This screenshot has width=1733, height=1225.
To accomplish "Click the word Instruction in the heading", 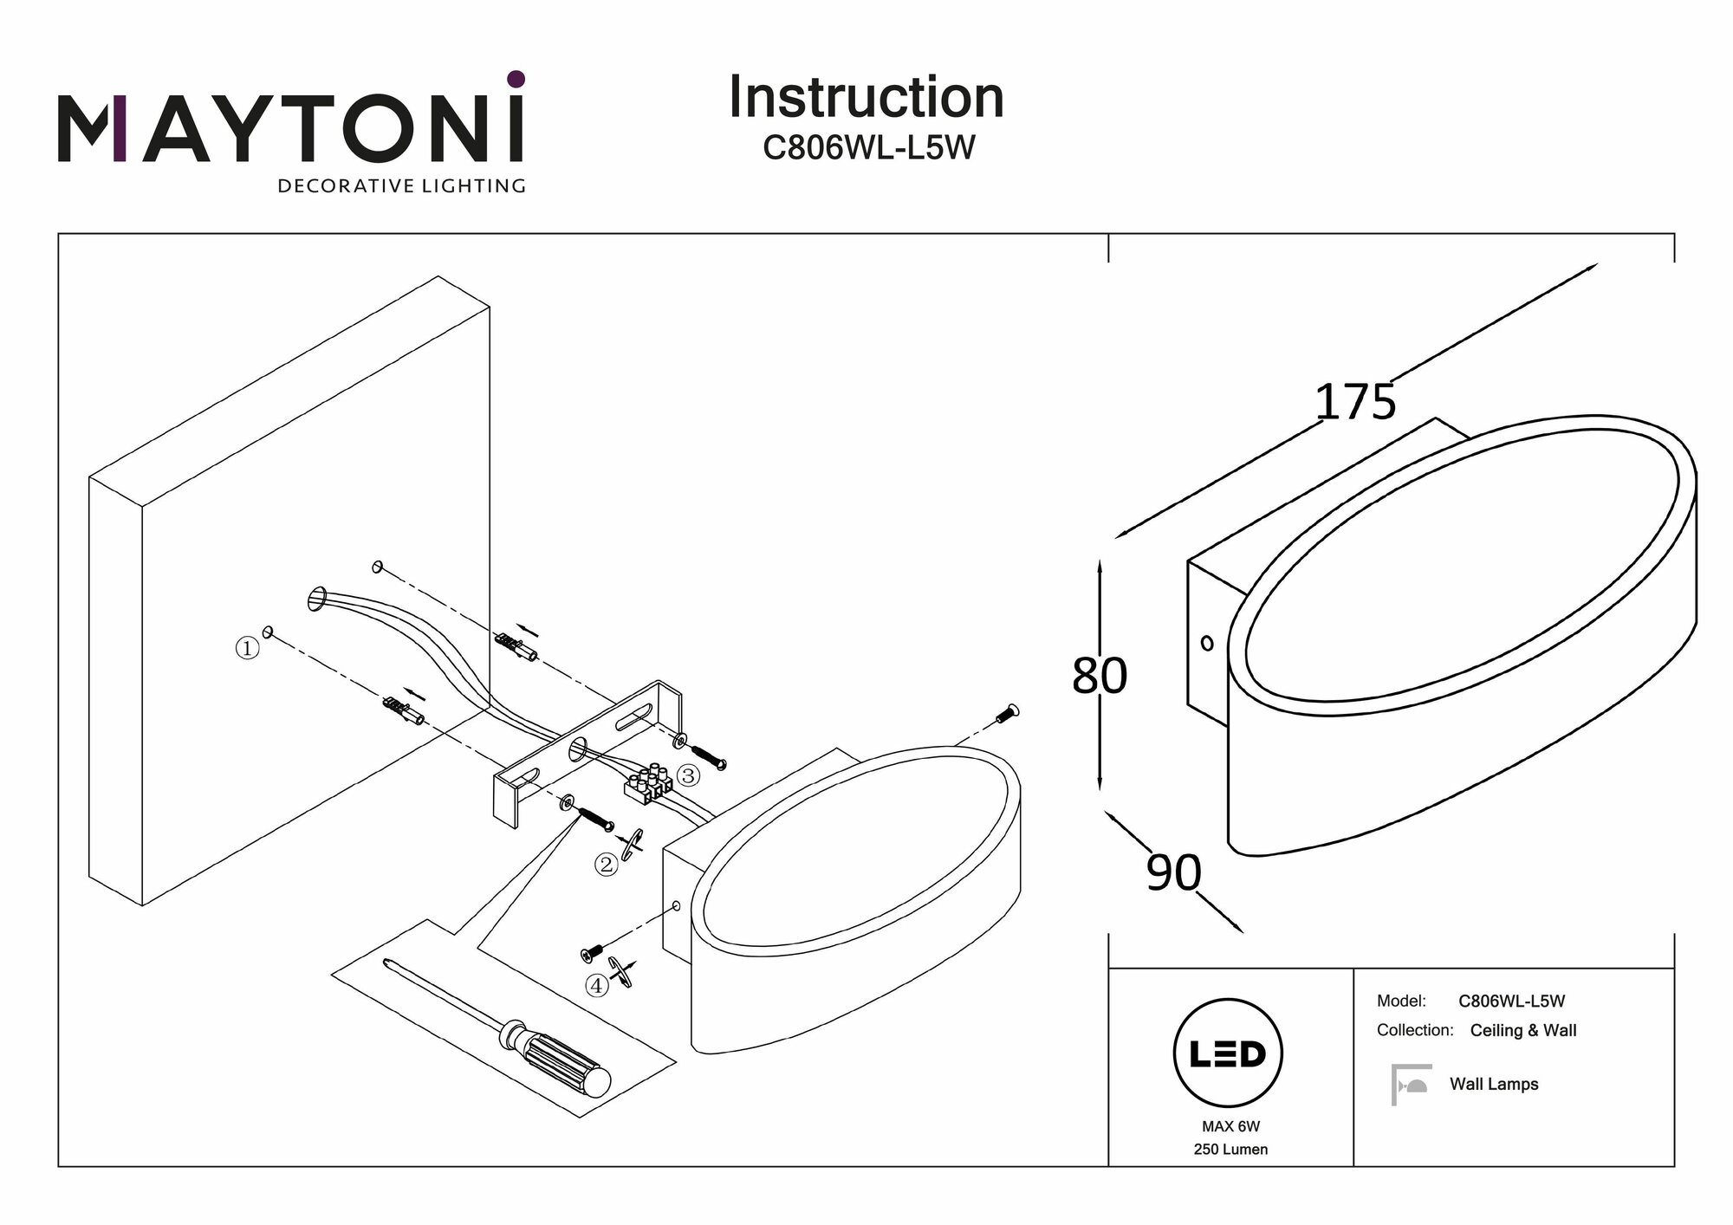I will pyautogui.click(x=866, y=97).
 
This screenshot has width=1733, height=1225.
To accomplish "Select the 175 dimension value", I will pyautogui.click(x=1355, y=402).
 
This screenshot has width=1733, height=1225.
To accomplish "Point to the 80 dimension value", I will pyautogui.click(x=1099, y=676).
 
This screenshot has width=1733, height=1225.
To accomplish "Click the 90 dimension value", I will pyautogui.click(x=1173, y=872).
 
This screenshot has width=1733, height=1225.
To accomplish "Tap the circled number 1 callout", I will pyautogui.click(x=247, y=648).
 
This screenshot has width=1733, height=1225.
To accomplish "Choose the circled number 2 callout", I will pyautogui.click(x=605, y=864).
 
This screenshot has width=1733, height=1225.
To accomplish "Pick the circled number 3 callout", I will pyautogui.click(x=688, y=775).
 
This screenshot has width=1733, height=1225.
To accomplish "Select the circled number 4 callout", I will pyautogui.click(x=596, y=985).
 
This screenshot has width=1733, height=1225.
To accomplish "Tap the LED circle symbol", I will pyautogui.click(x=1228, y=1054).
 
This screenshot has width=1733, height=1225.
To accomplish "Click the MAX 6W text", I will pyautogui.click(x=1230, y=1127).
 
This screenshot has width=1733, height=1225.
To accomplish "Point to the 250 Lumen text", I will pyautogui.click(x=1230, y=1150).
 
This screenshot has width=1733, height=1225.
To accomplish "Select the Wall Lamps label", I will pyautogui.click(x=1494, y=1085).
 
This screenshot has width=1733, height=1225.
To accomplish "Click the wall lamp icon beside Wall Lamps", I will pyautogui.click(x=1410, y=1085).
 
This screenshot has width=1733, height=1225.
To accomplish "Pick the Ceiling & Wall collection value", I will pyautogui.click(x=1522, y=1031).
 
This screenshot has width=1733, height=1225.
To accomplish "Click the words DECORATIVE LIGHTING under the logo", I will pyautogui.click(x=401, y=186).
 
